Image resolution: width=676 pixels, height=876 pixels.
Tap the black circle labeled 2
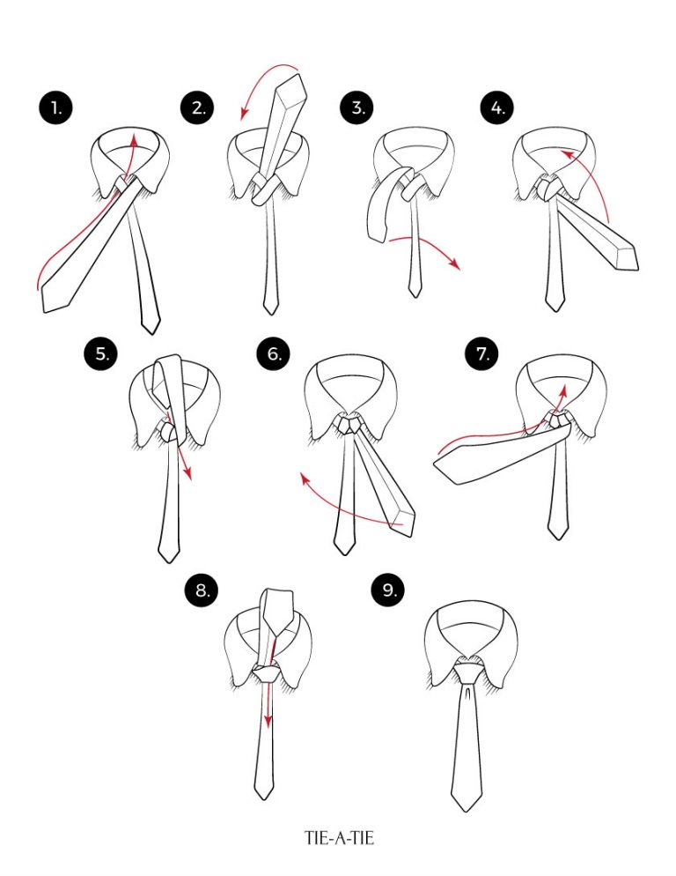point(198,108)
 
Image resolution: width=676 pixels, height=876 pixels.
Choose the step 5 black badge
point(103,354)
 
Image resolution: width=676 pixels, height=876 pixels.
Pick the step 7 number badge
point(482,354)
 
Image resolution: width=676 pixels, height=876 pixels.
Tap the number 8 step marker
point(203,590)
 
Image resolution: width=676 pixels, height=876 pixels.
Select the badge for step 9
point(389,590)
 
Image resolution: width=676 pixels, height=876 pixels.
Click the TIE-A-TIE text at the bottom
point(339,838)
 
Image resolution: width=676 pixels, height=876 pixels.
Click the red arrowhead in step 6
point(305,478)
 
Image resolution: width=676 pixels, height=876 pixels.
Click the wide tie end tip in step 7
point(440,467)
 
